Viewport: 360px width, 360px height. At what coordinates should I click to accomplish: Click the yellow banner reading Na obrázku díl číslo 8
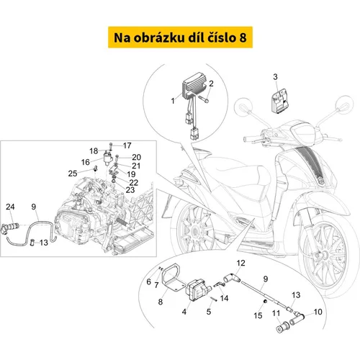pyautogui.click(x=180, y=37)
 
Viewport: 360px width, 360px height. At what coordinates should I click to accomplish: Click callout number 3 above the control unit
pyautogui.click(x=275, y=77)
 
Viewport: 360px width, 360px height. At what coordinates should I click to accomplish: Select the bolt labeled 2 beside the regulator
pyautogui.click(x=204, y=99)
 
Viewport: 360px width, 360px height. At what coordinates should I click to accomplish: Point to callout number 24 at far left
pyautogui.click(x=10, y=207)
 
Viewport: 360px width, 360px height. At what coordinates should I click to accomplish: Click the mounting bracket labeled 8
pyautogui.click(x=173, y=279)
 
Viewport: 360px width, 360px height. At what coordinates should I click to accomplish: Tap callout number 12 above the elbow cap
pyautogui.click(x=240, y=264)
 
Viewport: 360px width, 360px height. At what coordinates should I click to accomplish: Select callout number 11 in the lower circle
pyautogui.click(x=276, y=313)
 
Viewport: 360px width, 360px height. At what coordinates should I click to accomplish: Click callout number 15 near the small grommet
pyautogui.click(x=258, y=315)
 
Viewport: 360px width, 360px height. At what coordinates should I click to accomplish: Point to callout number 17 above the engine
pyautogui.click(x=127, y=145)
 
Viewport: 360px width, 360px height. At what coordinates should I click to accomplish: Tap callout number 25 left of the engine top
pyautogui.click(x=73, y=174)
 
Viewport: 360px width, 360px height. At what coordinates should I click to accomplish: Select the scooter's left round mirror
pyautogui.click(x=243, y=106)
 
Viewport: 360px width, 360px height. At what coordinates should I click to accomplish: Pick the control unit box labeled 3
pyautogui.click(x=279, y=101)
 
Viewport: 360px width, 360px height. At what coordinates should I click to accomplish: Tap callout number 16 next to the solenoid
pyautogui.click(x=86, y=162)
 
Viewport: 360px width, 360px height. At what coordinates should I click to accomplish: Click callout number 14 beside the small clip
pyautogui.click(x=224, y=298)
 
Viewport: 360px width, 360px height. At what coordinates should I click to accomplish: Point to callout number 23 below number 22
pyautogui.click(x=130, y=190)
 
